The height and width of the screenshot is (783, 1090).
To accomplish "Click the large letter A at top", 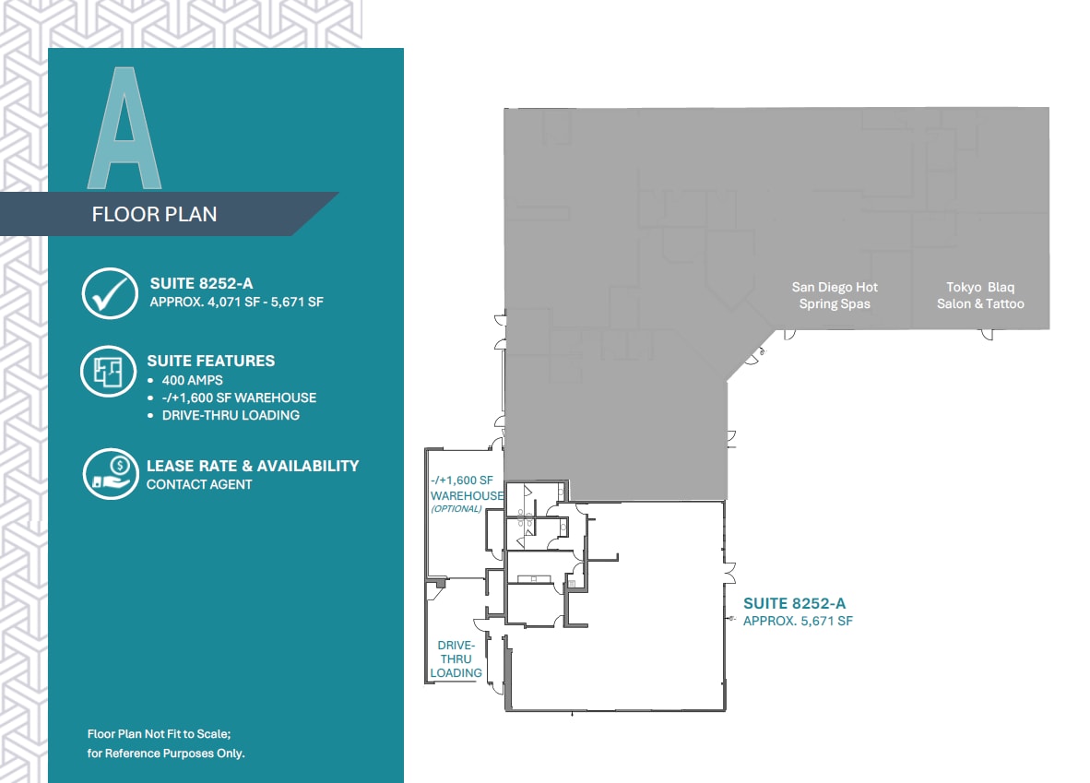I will click(124, 129).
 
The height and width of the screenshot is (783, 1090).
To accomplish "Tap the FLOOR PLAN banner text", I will click(154, 214).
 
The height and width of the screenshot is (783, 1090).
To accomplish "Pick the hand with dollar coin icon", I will click(110, 474).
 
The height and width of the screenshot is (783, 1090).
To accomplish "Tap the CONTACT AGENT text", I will click(199, 484).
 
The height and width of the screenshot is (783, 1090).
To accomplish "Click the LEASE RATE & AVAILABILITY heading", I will click(253, 466).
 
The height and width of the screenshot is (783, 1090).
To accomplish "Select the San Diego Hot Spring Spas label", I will click(835, 295).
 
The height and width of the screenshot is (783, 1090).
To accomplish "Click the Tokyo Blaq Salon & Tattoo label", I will click(980, 295).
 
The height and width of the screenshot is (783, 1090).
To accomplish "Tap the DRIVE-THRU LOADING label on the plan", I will click(456, 658).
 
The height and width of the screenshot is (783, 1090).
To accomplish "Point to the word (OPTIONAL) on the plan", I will click(456, 508).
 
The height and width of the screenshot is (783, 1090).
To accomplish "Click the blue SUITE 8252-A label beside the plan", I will click(794, 604).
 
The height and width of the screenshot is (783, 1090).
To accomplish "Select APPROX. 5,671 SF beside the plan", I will click(799, 622).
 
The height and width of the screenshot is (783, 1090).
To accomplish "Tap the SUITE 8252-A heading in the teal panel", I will click(201, 284).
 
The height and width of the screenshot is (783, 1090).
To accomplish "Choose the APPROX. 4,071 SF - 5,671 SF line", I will click(236, 302).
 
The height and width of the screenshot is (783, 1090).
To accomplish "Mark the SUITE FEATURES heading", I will click(210, 361).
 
